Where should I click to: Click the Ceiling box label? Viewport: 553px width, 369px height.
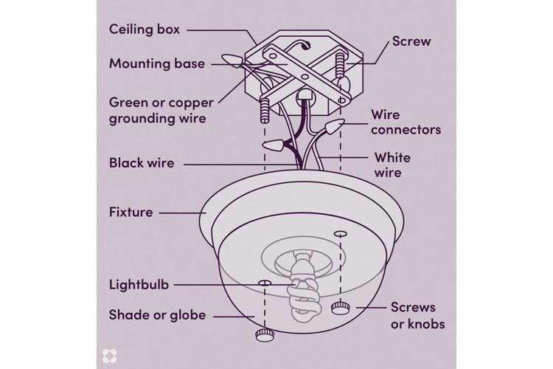145,30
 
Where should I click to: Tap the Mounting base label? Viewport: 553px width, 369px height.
156,63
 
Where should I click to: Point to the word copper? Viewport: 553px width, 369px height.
183,101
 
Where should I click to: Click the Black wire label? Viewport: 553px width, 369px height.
142,162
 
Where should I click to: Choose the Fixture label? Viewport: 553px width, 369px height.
131,213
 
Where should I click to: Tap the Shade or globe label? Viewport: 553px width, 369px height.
157,316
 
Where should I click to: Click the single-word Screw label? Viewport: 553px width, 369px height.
411,41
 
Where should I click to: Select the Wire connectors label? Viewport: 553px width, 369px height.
406,123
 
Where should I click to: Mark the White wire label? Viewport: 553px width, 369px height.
392,165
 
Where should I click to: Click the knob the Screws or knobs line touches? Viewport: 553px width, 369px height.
340,307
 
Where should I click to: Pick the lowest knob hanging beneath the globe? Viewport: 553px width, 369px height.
263,336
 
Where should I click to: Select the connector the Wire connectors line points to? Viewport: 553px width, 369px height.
335,127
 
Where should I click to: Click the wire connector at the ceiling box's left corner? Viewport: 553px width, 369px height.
234,61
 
